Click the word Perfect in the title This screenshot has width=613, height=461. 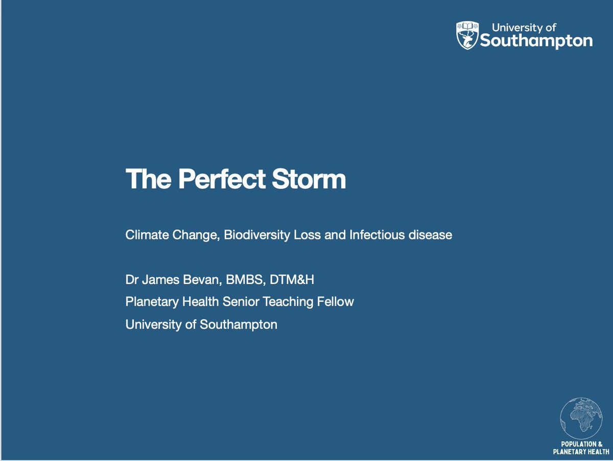pos(222,179)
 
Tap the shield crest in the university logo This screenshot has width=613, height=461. pos(467,35)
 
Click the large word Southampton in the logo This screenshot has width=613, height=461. pos(536,41)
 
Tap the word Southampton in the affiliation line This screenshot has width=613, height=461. pos(239,324)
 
